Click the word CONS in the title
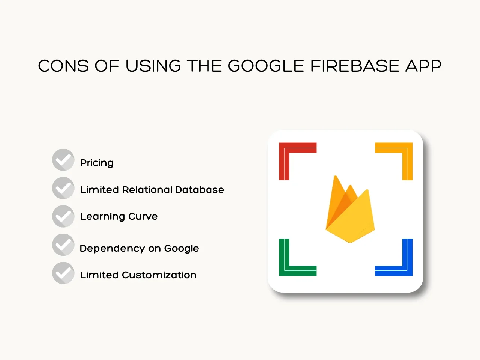click(63, 66)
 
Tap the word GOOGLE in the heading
click(266, 66)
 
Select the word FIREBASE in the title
click(355, 66)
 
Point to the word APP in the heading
click(423, 66)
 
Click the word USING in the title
click(153, 66)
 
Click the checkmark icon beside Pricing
click(63, 160)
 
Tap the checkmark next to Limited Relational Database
click(63, 188)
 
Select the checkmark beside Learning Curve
click(63, 216)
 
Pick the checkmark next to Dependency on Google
click(63, 244)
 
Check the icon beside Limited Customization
click(63, 273)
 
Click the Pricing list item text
click(97, 163)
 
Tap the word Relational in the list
click(147, 190)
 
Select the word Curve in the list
click(143, 217)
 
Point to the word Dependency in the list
click(112, 249)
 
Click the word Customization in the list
click(159, 275)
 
